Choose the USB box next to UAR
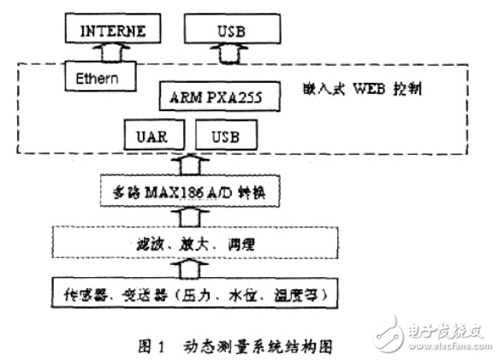(226, 135)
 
